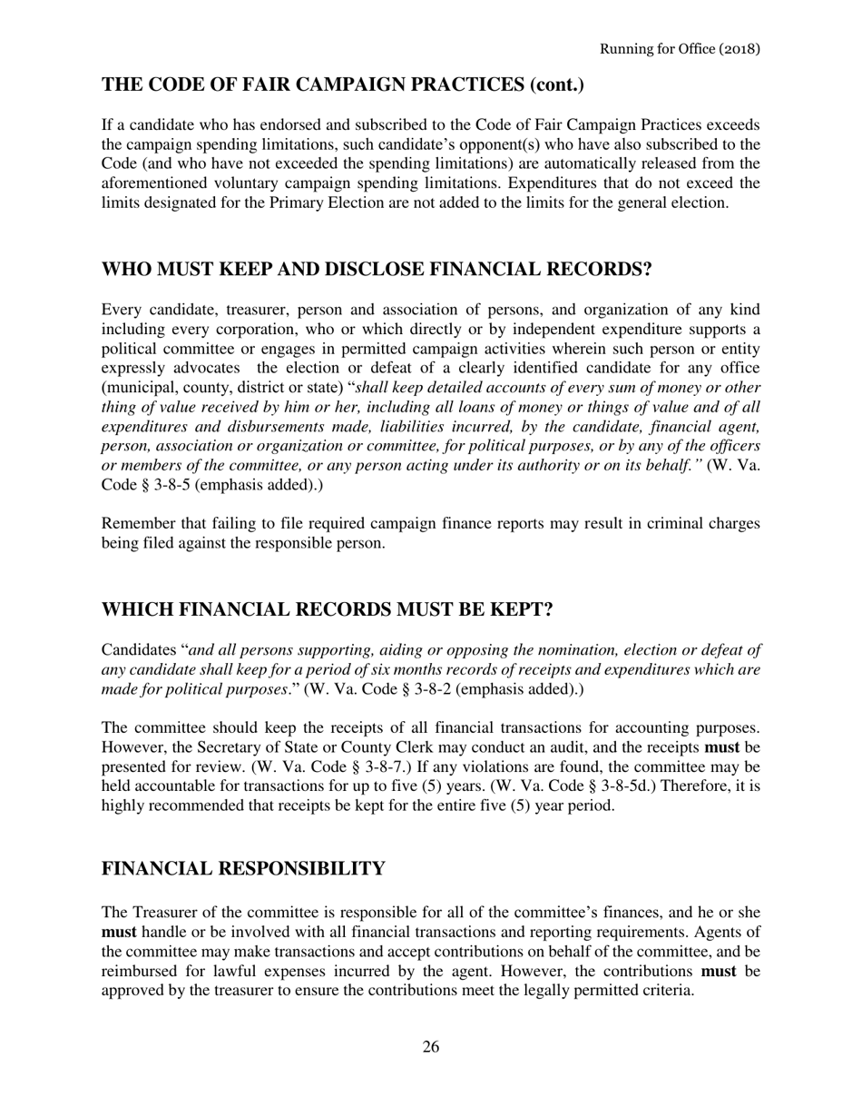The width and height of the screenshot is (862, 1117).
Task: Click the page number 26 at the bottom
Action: click(x=431, y=1047)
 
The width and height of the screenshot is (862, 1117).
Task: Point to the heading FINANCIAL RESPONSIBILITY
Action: click(x=243, y=869)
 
